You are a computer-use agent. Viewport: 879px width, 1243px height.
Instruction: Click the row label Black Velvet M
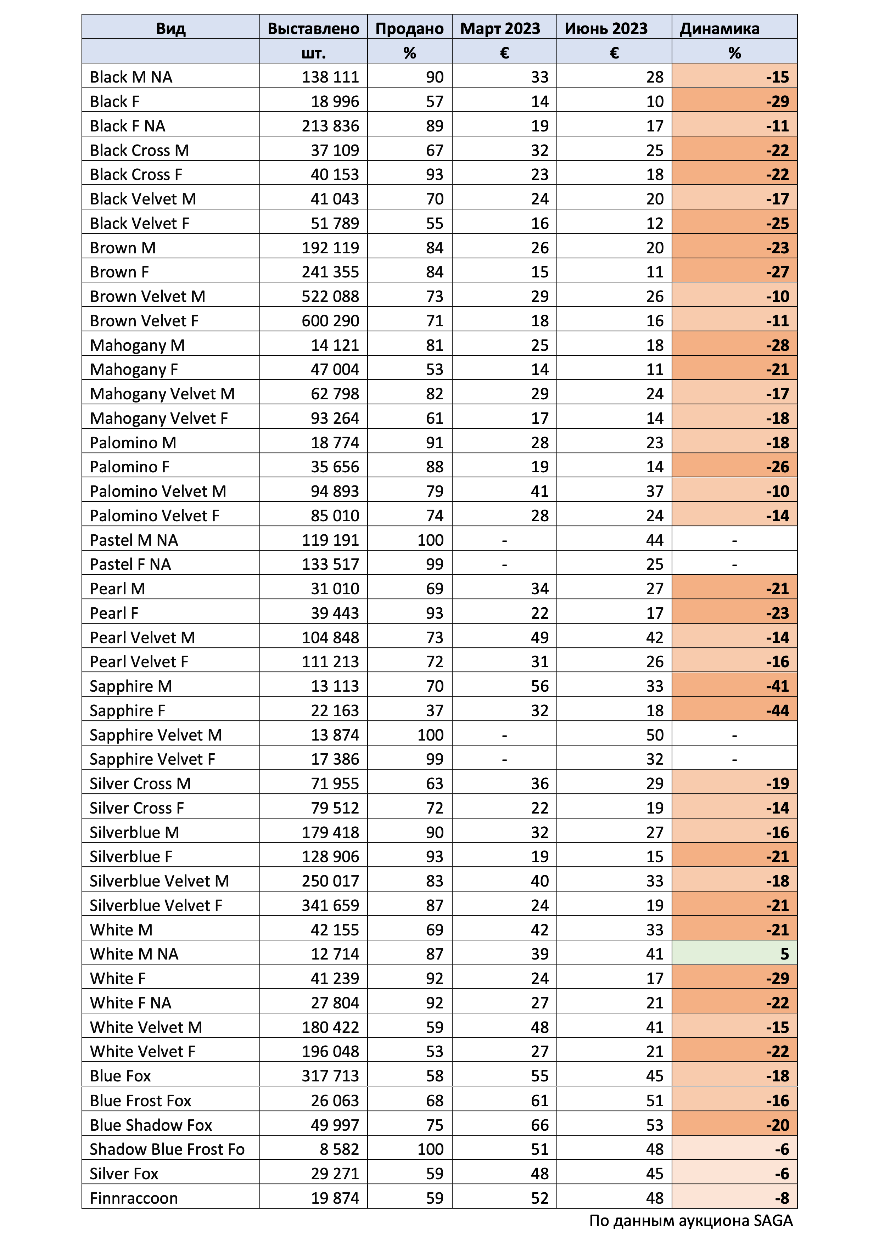coord(143,199)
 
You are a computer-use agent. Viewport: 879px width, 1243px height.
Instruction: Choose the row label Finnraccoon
coord(134,1198)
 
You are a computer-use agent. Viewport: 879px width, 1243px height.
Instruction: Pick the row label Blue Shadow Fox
coord(151,1125)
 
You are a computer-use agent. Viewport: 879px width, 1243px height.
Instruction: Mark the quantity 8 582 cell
coord(339,1149)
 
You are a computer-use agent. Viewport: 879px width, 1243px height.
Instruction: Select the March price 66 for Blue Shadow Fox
coord(539,1125)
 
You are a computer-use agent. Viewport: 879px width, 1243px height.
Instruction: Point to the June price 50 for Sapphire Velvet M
coord(654,735)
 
